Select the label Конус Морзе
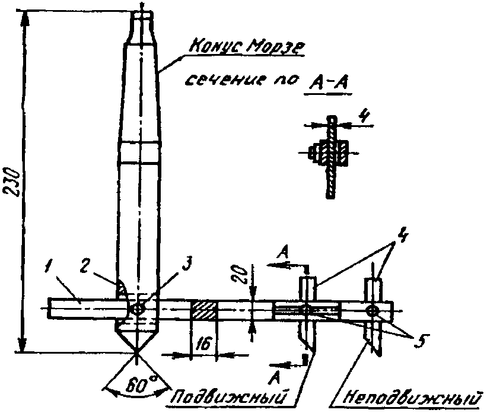246,47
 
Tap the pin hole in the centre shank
139,309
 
